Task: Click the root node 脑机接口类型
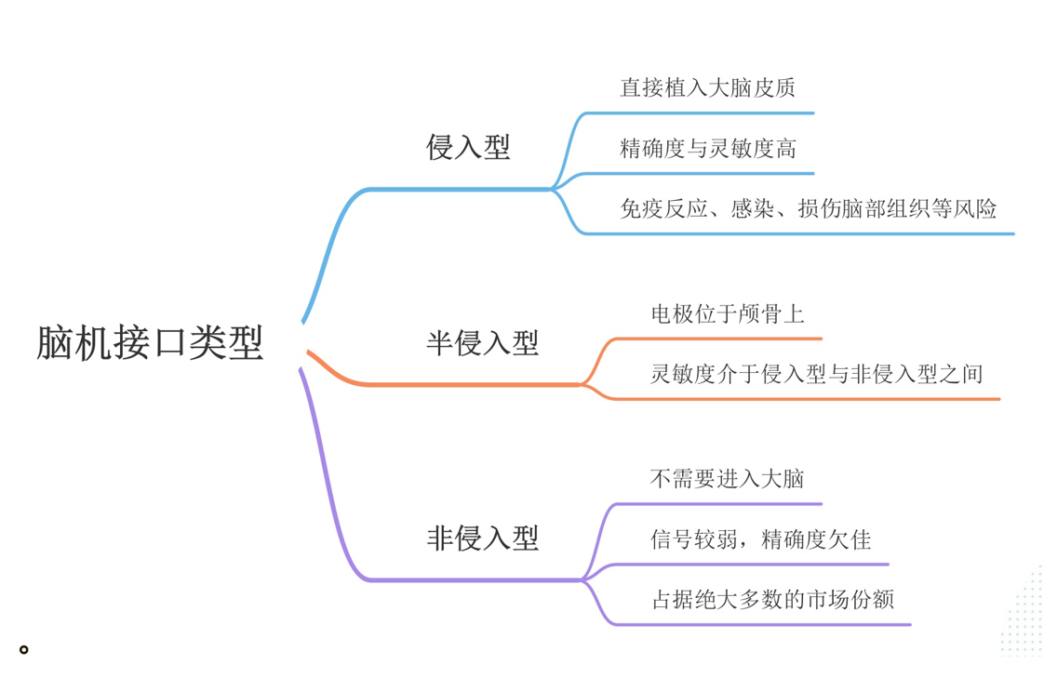(x=150, y=343)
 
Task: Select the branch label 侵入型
(x=468, y=147)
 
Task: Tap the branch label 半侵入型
(x=482, y=343)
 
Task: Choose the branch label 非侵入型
(x=482, y=538)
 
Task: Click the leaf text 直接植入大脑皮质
(x=707, y=87)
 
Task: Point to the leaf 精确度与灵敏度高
(x=707, y=148)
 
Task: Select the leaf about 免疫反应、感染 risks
(x=808, y=208)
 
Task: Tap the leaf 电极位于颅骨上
(x=727, y=314)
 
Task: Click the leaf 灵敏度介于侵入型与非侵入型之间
(x=816, y=374)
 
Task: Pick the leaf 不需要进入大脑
(x=726, y=480)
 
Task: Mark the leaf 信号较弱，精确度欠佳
(x=760, y=539)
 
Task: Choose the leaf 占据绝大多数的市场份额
(x=772, y=599)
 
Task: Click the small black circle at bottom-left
(x=24, y=649)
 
